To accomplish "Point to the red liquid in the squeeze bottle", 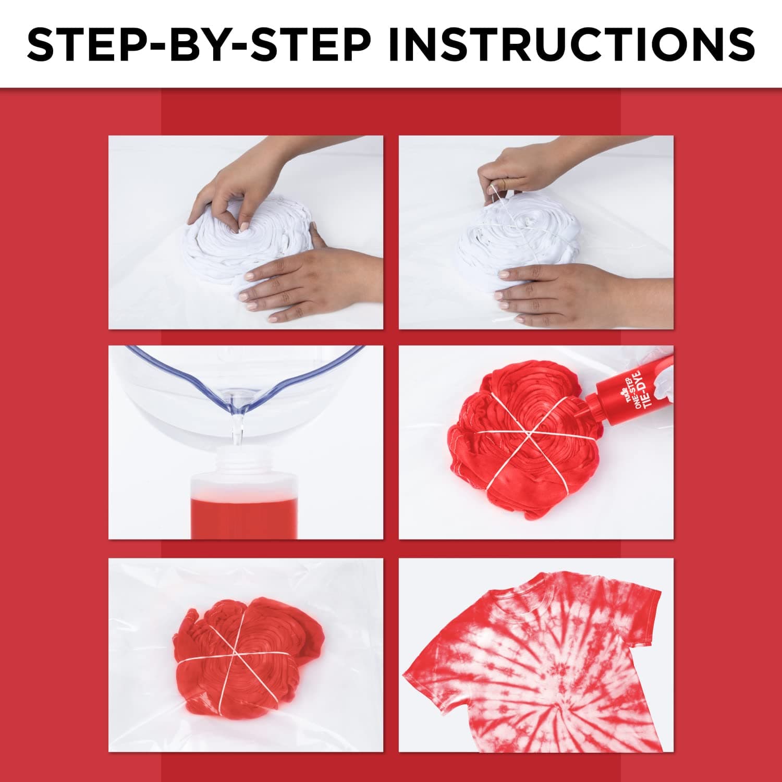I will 244,517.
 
